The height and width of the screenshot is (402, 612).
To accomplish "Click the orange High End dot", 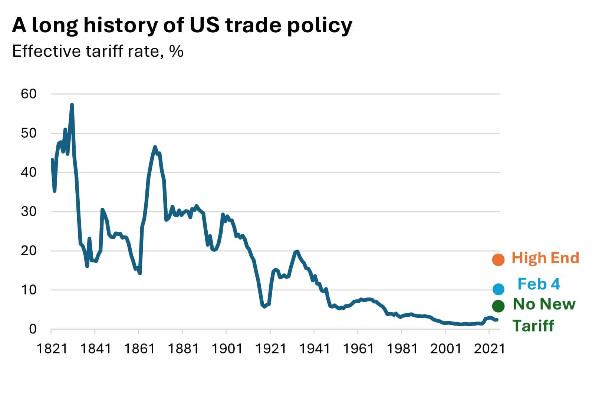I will pyautogui.click(x=498, y=260).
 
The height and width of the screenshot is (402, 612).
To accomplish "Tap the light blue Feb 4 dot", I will pyautogui.click(x=498, y=289).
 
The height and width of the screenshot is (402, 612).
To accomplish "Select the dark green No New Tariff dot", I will pyautogui.click(x=498, y=306).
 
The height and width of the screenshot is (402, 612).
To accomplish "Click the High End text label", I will pyautogui.click(x=545, y=258).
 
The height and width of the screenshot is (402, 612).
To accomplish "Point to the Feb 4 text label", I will pyautogui.click(x=539, y=284).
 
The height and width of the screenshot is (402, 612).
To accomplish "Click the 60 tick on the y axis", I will pyautogui.click(x=29, y=94).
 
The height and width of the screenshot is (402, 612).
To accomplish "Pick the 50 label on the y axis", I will pyautogui.click(x=29, y=133).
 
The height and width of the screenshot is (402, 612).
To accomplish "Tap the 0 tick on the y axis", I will pyautogui.click(x=33, y=329).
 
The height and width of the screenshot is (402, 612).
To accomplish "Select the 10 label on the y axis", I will pyautogui.click(x=29, y=290).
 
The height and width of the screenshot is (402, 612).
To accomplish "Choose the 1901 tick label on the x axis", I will pyautogui.click(x=226, y=349).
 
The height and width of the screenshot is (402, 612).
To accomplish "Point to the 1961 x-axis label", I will pyautogui.click(x=358, y=349).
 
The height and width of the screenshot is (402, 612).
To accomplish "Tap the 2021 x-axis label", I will pyautogui.click(x=489, y=349).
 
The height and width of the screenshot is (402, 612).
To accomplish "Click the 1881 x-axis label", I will pyautogui.click(x=182, y=349).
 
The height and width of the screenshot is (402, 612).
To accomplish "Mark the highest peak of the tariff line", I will pyautogui.click(x=72, y=105).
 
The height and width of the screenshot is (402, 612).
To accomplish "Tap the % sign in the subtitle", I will pyautogui.click(x=176, y=51).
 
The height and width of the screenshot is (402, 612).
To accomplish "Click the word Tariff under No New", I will pyautogui.click(x=533, y=326).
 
